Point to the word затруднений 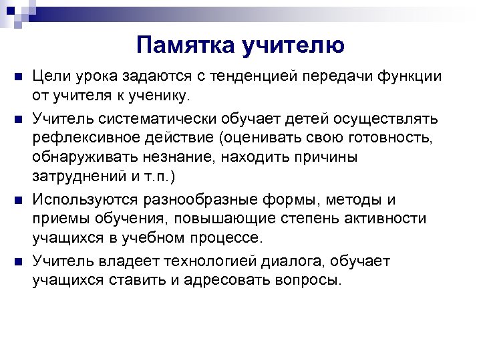[82, 176]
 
